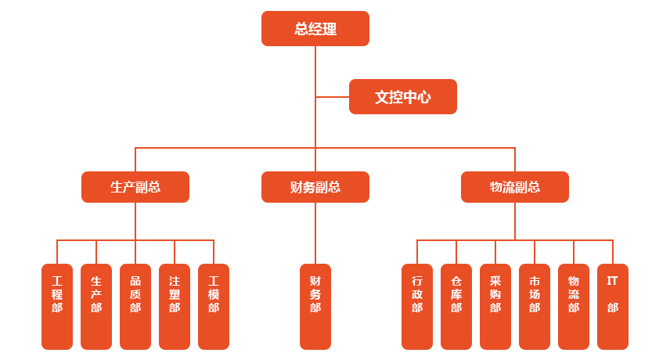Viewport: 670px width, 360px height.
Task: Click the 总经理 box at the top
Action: (x=315, y=29)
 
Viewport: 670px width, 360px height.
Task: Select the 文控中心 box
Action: (x=402, y=97)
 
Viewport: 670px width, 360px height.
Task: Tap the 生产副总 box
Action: (x=135, y=187)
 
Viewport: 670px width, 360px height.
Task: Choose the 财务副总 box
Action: (x=315, y=187)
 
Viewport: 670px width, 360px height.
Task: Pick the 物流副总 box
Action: (x=514, y=187)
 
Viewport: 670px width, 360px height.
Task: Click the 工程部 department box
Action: (x=57, y=306)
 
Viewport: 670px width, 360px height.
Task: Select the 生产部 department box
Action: (x=96, y=306)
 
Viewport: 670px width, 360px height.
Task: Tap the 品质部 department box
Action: (x=135, y=306)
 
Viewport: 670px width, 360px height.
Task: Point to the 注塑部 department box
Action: (x=175, y=306)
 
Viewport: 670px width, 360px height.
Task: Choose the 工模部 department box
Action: (x=214, y=306)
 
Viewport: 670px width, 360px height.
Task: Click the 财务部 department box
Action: (x=315, y=306)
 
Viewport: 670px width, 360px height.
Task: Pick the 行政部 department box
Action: (x=417, y=306)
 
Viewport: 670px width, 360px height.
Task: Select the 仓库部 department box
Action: (x=456, y=306)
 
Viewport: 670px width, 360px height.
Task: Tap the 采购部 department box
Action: (x=495, y=306)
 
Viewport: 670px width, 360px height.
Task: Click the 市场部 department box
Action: (x=535, y=306)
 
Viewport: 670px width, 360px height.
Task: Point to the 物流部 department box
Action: (x=574, y=306)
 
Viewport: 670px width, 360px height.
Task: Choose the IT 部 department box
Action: (x=613, y=306)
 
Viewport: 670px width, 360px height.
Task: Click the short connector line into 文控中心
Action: (x=333, y=97)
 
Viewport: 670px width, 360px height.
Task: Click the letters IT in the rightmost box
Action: (x=613, y=280)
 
